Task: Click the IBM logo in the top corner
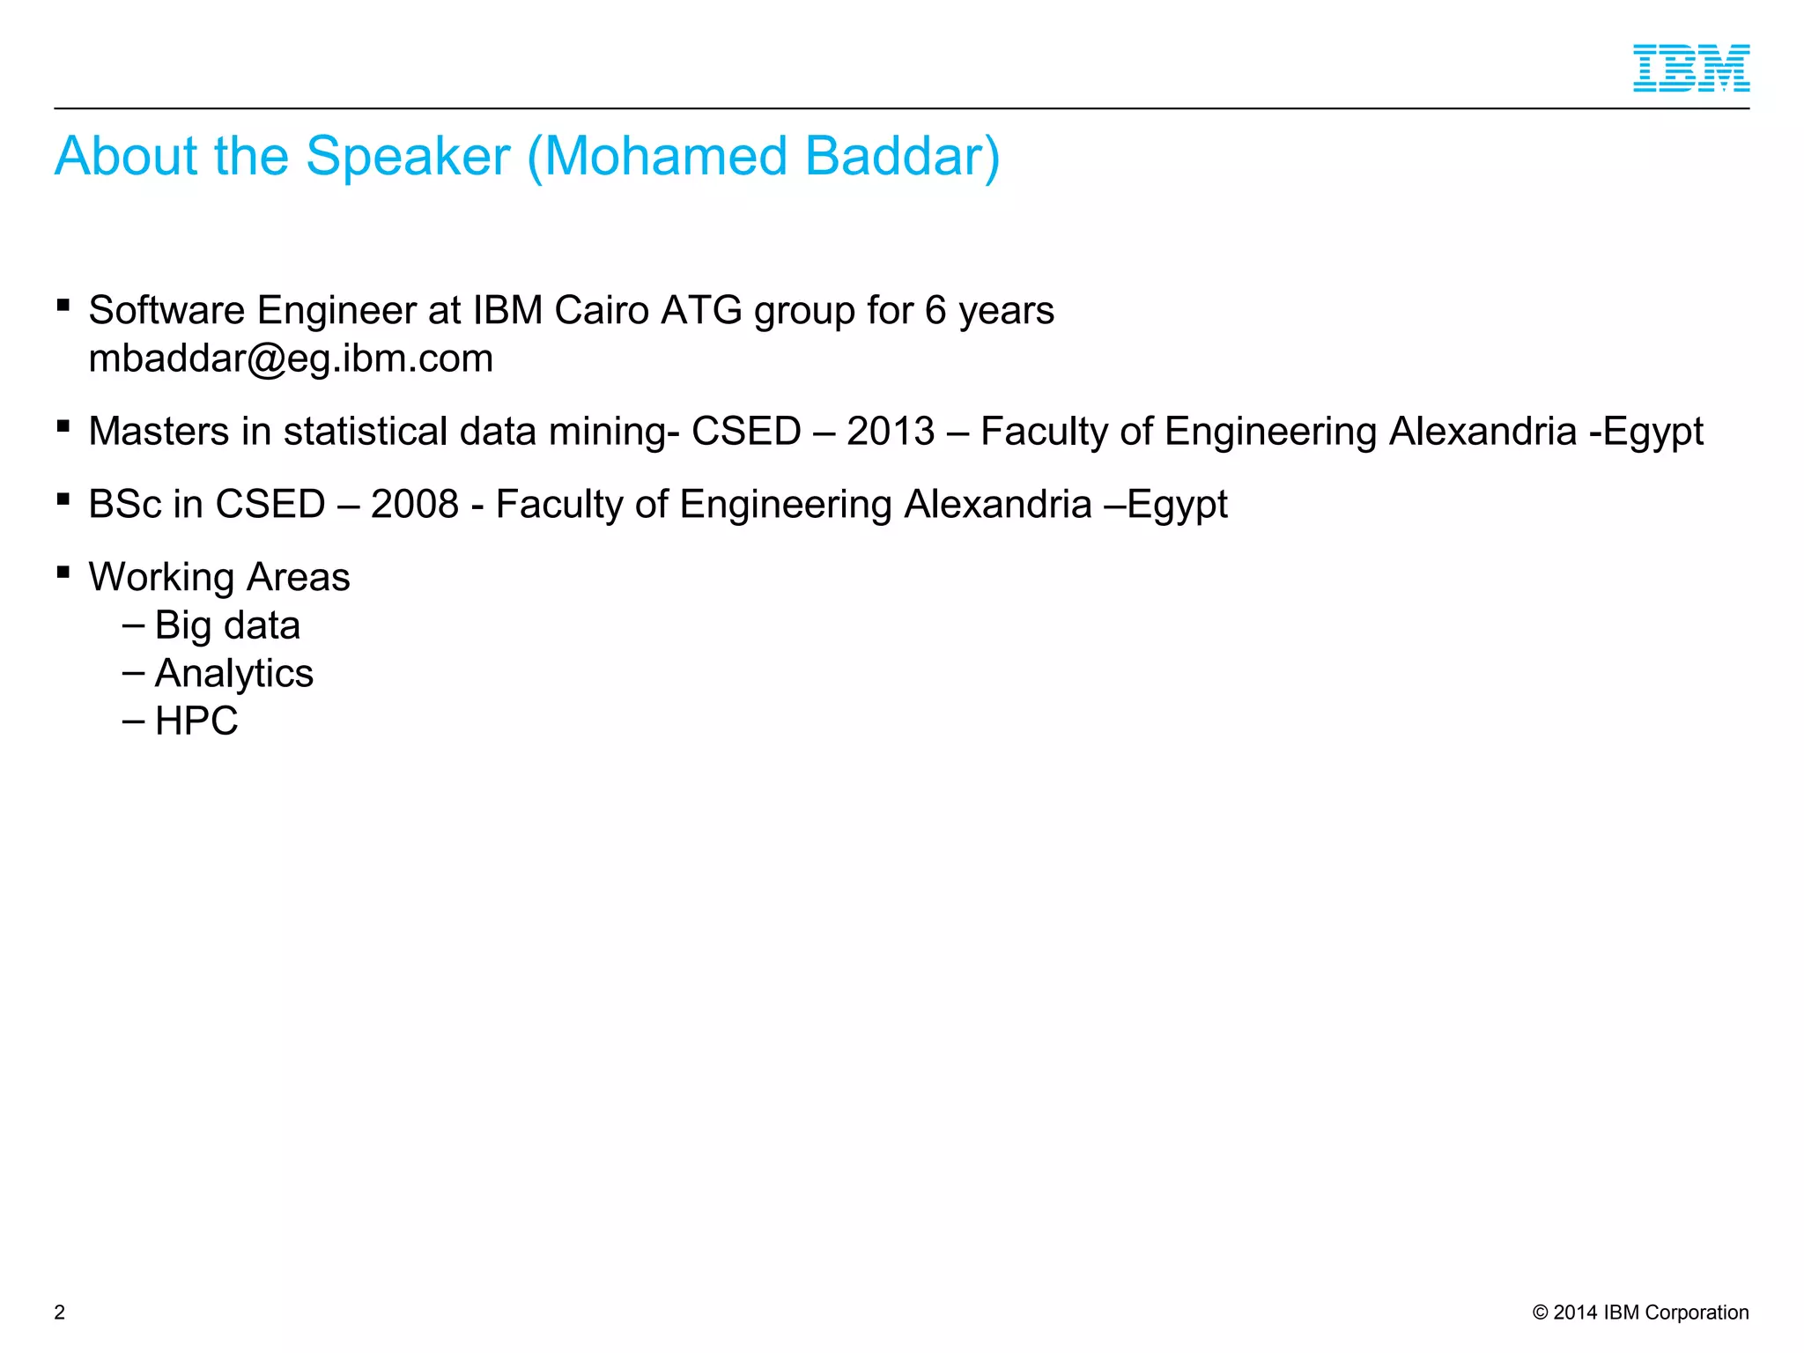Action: point(1690,68)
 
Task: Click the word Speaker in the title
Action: point(408,157)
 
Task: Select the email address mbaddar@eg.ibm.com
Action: point(291,359)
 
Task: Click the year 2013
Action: point(891,432)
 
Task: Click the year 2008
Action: point(415,505)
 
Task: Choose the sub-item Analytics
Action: point(233,674)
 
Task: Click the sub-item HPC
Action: point(196,721)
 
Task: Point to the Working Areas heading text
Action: point(219,578)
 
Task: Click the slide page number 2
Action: point(60,1312)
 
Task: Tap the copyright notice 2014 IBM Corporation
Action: point(1640,1312)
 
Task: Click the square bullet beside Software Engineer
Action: point(63,306)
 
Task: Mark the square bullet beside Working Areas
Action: point(63,573)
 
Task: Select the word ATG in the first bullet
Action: point(701,311)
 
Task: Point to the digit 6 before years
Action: point(935,311)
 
